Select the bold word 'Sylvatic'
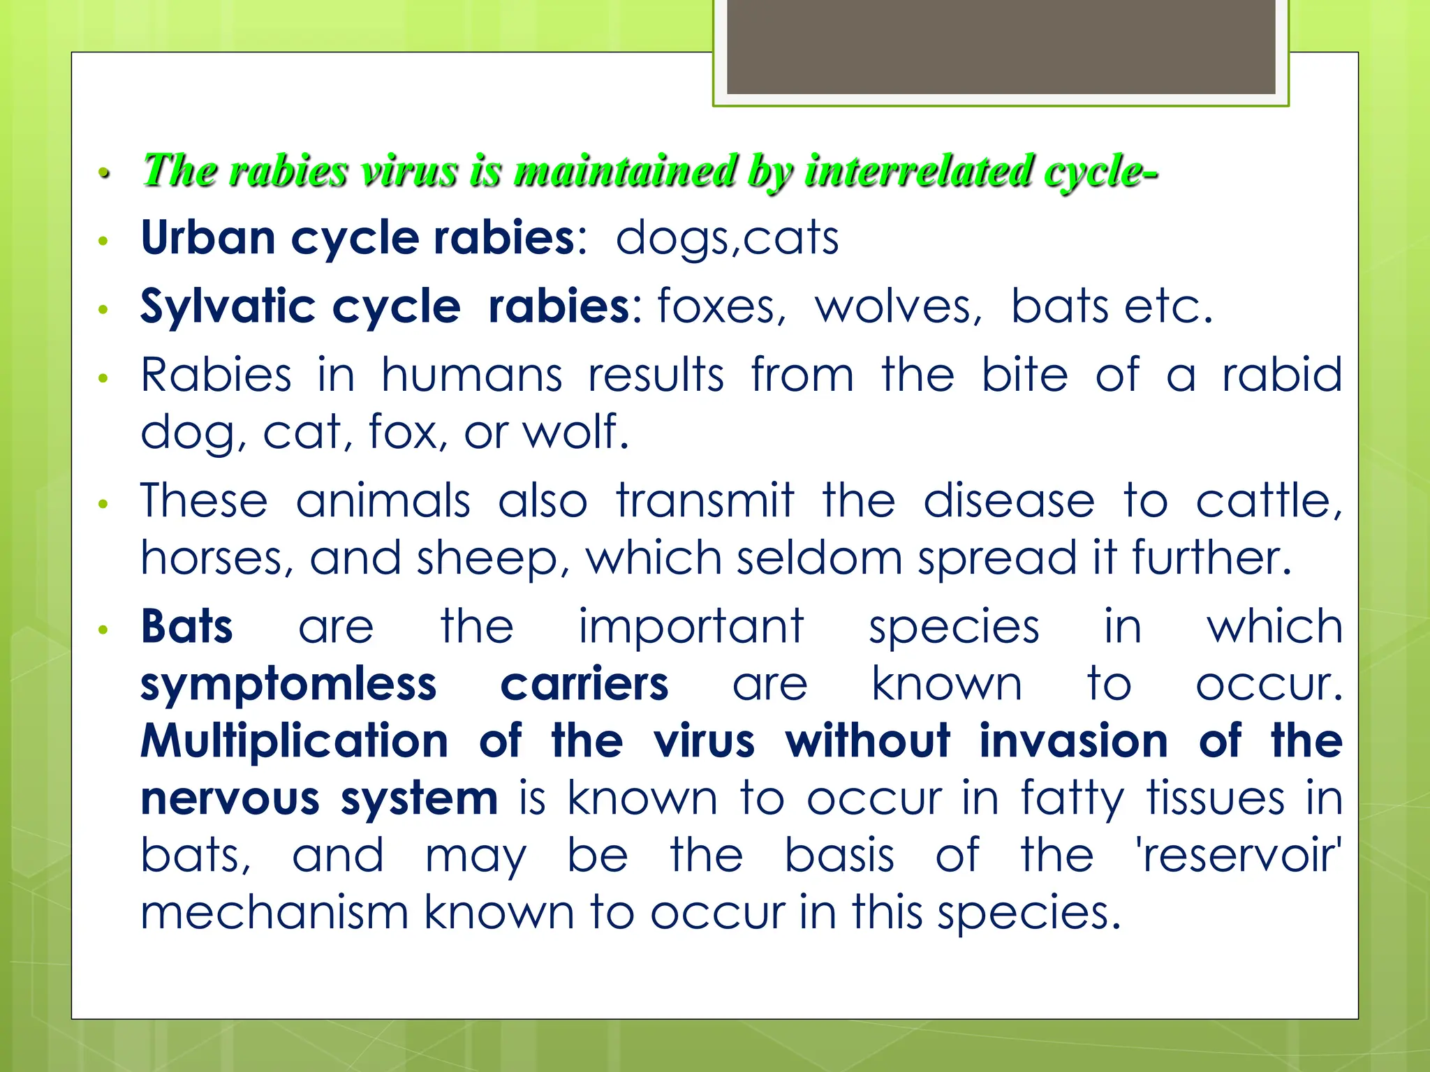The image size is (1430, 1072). click(228, 307)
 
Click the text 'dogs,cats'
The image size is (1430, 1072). click(727, 238)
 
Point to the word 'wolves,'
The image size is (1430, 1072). click(899, 307)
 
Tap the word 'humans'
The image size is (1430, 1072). click(471, 375)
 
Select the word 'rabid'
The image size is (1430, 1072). click(1282, 375)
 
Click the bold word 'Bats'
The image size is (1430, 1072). click(186, 626)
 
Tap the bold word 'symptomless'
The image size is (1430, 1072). click(288, 684)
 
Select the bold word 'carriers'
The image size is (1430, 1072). click(584, 684)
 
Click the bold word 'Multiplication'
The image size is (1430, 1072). click(294, 741)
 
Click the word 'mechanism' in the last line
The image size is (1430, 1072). click(274, 912)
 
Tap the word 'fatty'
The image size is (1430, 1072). click(1072, 798)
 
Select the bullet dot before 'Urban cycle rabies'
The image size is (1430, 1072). click(103, 241)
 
